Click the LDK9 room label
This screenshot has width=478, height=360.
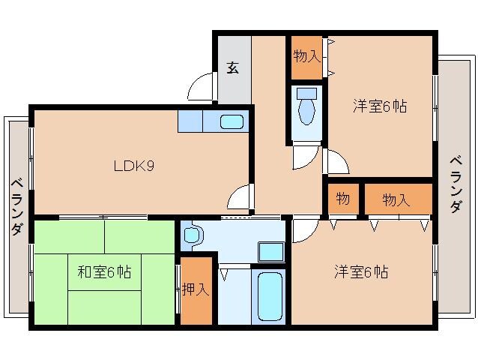135,166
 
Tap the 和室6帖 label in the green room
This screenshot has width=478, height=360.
104,272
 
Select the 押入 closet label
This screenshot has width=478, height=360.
196,289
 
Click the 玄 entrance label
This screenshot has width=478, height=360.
233,68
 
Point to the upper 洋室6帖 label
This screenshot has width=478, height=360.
380,107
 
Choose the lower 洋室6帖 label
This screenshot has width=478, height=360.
361,272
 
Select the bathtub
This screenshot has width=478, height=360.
267,295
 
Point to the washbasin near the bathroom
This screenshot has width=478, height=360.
192,235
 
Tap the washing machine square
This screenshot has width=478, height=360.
270,251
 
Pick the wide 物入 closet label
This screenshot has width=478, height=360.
396,199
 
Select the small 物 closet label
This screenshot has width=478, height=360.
343,199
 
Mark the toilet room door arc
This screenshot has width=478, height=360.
305,157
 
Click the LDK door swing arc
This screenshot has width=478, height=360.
240,197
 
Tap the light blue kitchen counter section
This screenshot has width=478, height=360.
189,121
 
